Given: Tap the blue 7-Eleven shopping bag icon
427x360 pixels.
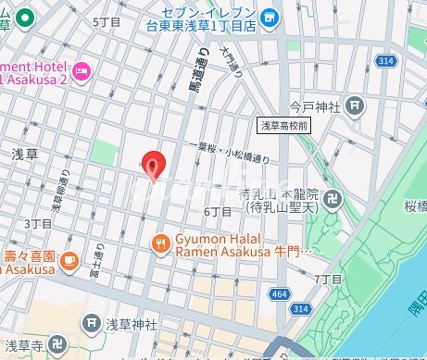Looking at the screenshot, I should click(x=269, y=17).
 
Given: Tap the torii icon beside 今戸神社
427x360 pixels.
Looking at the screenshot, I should click(x=356, y=107).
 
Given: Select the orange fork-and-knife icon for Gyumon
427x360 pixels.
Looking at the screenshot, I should click(x=161, y=243).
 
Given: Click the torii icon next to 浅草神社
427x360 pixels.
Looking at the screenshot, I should click(x=91, y=323).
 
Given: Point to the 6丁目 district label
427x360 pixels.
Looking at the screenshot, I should click(x=218, y=212).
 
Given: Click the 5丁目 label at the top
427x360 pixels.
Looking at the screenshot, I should click(x=107, y=20).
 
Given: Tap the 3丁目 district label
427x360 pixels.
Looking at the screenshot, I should click(x=37, y=224).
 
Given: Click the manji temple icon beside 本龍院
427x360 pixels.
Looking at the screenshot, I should click(x=333, y=198).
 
